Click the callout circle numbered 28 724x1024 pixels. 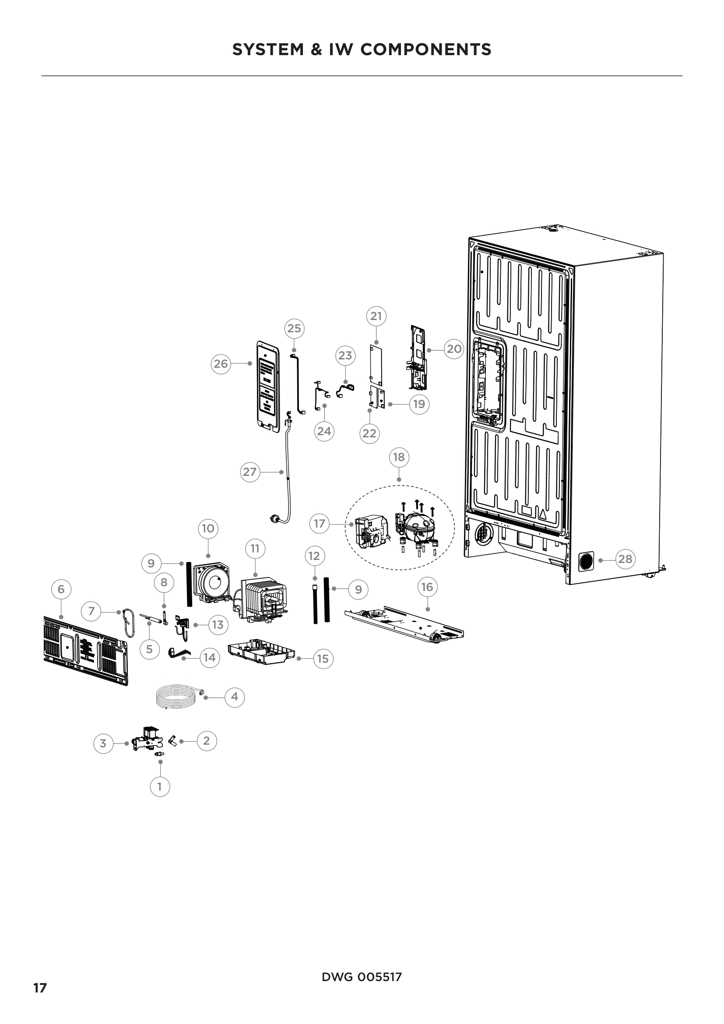(x=625, y=559)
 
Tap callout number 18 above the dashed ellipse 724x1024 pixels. (x=399, y=457)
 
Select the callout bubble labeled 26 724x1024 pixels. (x=221, y=363)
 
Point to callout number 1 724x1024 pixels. (x=160, y=787)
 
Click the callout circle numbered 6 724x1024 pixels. (x=61, y=589)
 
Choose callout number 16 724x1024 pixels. (x=427, y=587)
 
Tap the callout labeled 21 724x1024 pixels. (x=376, y=316)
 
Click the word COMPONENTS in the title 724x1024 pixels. (x=426, y=49)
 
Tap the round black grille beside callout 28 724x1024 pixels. (x=587, y=561)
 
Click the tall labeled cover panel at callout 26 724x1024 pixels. (x=267, y=386)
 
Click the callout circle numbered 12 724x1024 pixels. (x=314, y=556)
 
